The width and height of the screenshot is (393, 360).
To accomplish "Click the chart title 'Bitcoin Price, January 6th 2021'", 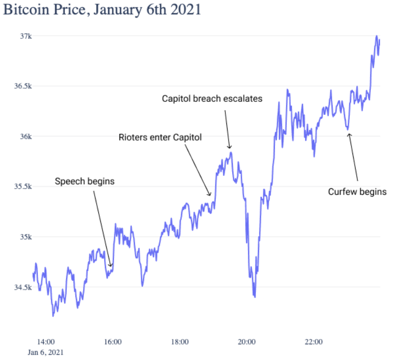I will pos(102,10).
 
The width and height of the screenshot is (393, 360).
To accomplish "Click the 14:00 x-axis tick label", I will pos(46,342).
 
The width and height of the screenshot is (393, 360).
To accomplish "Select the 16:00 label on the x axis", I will pos(113,342).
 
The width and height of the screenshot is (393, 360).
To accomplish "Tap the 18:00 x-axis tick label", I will pos(180,342).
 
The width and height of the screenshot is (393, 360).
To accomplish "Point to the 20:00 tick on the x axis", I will pos(246,342).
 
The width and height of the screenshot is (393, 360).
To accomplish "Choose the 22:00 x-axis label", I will pos(313,342).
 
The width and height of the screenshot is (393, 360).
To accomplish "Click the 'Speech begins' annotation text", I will pos(85,181).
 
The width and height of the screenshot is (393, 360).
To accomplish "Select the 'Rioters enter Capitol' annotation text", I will pos(160,137).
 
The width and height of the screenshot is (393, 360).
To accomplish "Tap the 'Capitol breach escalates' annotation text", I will pos(212,98).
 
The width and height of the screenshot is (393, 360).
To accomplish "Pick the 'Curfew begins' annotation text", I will pos(357,192).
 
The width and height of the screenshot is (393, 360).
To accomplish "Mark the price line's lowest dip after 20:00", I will pos(255,297).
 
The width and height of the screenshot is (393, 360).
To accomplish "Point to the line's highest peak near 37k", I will pos(377,36).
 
